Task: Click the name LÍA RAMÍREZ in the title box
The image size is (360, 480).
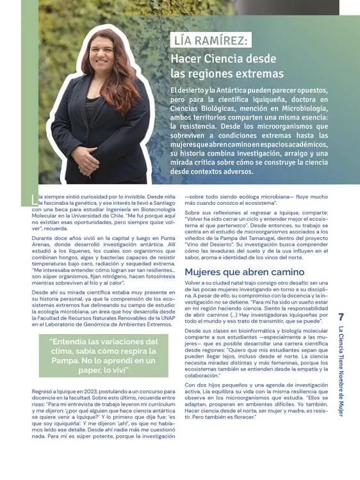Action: click(211, 41)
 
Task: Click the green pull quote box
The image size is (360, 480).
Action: click(103, 356)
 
